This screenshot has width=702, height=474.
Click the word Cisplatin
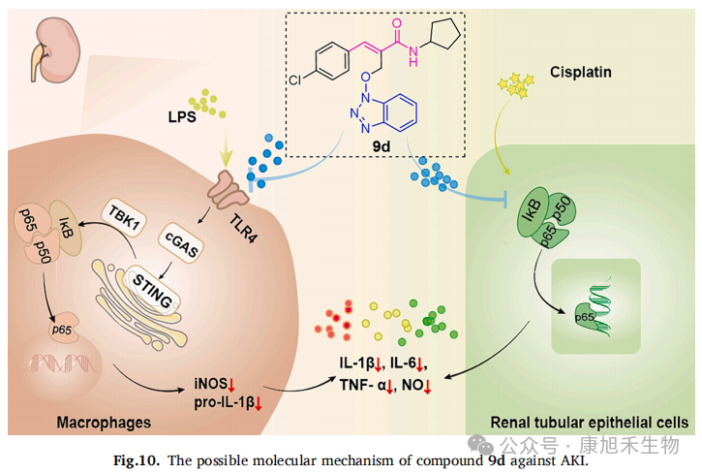tap(580, 73)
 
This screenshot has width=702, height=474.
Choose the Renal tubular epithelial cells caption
tap(590, 423)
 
